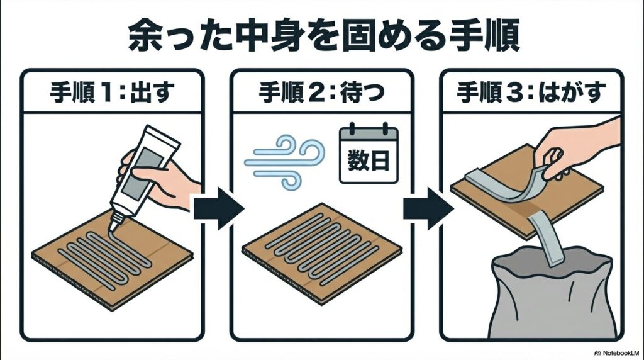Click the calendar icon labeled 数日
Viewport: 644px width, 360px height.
[368, 154]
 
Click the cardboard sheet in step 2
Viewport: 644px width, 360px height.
[321, 252]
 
